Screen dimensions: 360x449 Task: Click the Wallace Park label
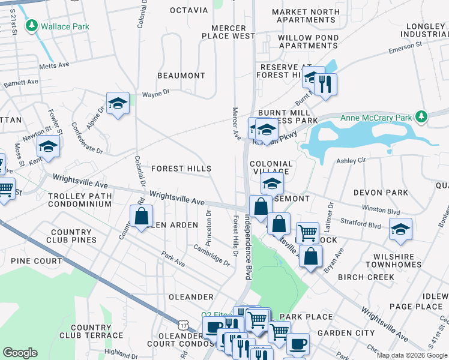pos(65,26)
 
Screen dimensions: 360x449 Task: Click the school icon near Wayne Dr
pos(118,103)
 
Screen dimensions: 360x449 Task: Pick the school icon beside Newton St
pos(49,146)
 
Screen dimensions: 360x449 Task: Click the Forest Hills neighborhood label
pos(181,169)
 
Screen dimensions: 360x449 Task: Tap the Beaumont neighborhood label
pos(181,76)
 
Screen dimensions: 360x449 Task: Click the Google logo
pos(20,353)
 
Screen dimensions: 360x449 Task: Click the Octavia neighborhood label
pos(188,10)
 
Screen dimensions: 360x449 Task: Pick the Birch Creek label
pos(366,277)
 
